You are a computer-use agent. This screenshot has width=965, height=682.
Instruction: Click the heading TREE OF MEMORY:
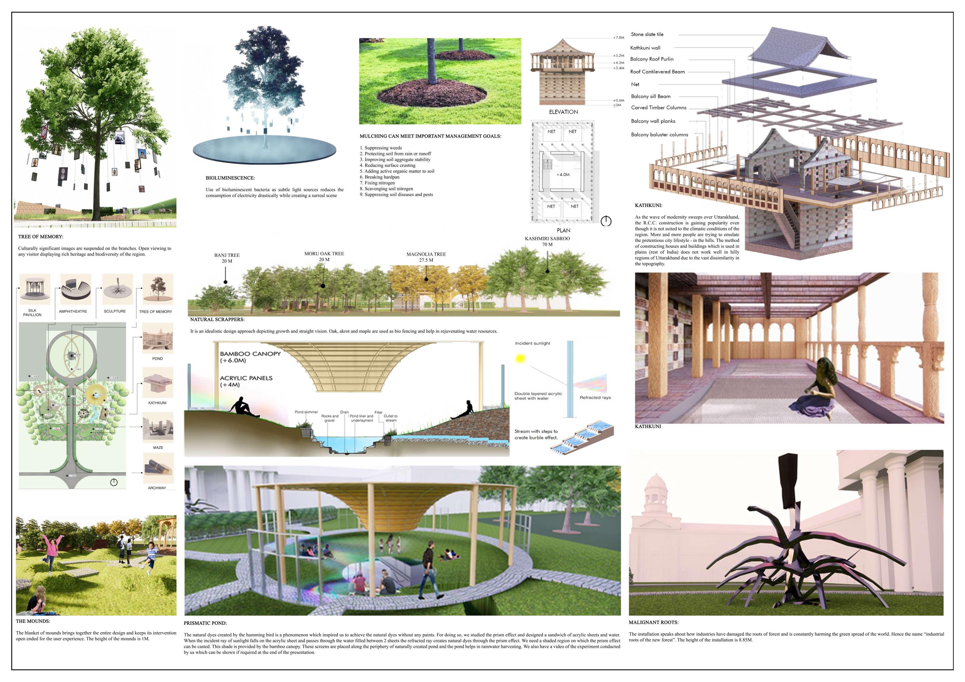(x=41, y=237)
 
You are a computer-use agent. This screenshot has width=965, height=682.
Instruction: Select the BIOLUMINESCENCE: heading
(x=230, y=178)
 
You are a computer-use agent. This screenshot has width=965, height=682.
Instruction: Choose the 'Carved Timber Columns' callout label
(x=658, y=108)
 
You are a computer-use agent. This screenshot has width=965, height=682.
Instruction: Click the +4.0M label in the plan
(x=563, y=174)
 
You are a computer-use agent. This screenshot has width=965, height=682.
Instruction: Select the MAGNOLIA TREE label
(x=426, y=254)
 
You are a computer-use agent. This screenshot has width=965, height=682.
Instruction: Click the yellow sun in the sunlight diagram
(x=520, y=359)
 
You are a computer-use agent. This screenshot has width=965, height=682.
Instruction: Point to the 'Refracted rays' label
(x=595, y=397)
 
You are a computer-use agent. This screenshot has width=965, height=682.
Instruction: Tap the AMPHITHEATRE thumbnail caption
(x=73, y=312)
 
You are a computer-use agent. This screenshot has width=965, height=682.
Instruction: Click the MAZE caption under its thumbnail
(x=158, y=448)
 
